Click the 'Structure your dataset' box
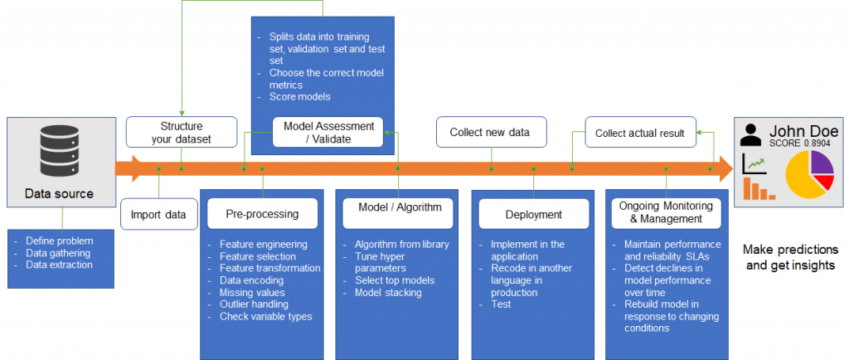click(x=181, y=132)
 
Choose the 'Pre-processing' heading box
click(x=262, y=214)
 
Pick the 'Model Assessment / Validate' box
click(x=328, y=132)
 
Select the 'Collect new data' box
click(x=491, y=132)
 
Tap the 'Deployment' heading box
click(x=533, y=214)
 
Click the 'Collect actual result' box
click(x=640, y=132)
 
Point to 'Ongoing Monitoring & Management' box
click(x=667, y=212)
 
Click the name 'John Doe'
click(x=803, y=131)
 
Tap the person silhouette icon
click(x=751, y=134)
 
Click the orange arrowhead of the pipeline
click(x=724, y=169)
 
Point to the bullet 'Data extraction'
click(x=59, y=265)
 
